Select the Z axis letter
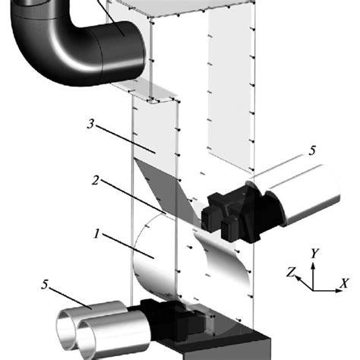(x=290, y=271)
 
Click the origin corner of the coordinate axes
(x=314, y=289)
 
